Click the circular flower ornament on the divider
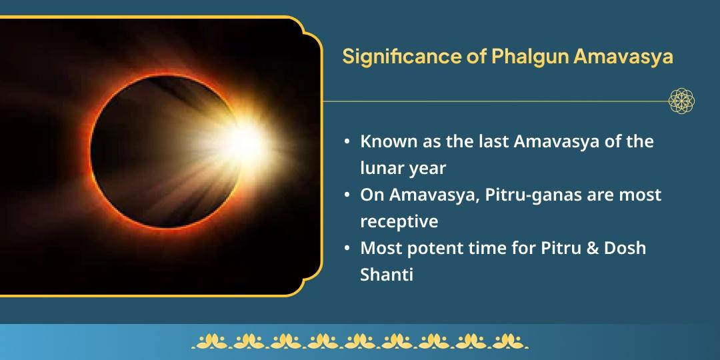(681, 101)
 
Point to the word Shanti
(387, 274)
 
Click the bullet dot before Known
(347, 142)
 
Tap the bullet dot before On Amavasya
(347, 195)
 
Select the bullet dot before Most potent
(347, 249)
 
